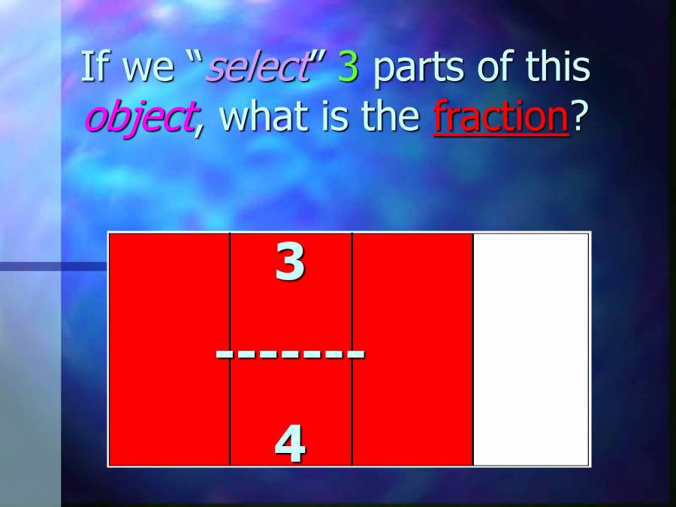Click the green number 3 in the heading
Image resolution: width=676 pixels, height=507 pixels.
click(349, 68)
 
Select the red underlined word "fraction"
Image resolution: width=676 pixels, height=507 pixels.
click(501, 117)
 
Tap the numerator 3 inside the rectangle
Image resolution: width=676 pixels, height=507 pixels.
click(290, 264)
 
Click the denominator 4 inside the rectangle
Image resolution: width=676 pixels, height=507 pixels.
click(290, 443)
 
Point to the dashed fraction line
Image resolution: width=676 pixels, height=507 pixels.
click(290, 352)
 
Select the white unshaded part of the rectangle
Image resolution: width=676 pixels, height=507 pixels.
click(531, 349)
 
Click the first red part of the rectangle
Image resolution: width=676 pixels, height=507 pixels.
click(170, 349)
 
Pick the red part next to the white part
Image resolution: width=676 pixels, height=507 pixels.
click(412, 349)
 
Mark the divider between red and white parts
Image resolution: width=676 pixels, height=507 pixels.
click(473, 349)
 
